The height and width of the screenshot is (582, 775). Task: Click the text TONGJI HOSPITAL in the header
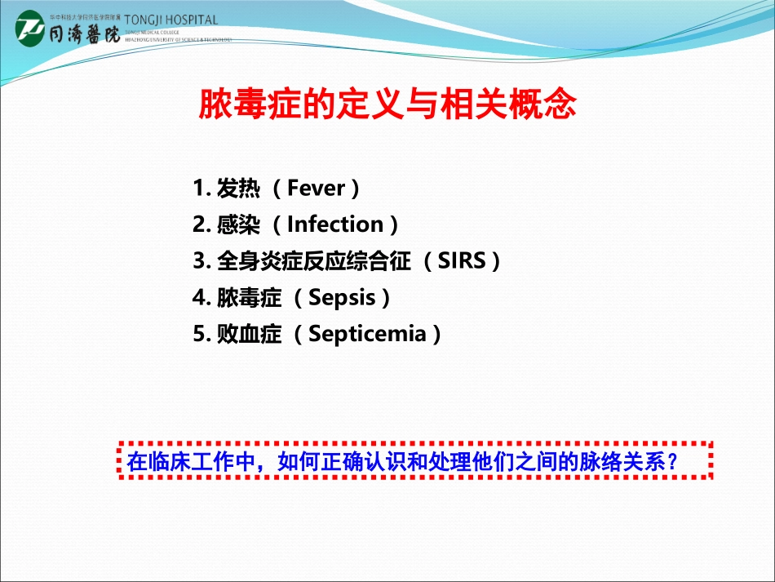[171, 20]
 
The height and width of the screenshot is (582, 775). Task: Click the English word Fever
[316, 189]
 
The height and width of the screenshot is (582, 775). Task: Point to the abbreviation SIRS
[461, 261]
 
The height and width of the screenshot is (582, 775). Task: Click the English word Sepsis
[342, 297]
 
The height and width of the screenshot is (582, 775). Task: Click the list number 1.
[199, 189]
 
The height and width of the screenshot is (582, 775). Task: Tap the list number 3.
[199, 261]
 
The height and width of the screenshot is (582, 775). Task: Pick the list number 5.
[199, 333]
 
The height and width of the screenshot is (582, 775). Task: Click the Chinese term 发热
[238, 189]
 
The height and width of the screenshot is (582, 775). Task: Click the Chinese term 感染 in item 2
[238, 224]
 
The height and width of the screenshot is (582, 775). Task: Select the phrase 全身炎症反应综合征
[314, 261]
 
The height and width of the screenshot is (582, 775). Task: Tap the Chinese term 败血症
[249, 333]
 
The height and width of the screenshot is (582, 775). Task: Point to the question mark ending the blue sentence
[673, 462]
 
